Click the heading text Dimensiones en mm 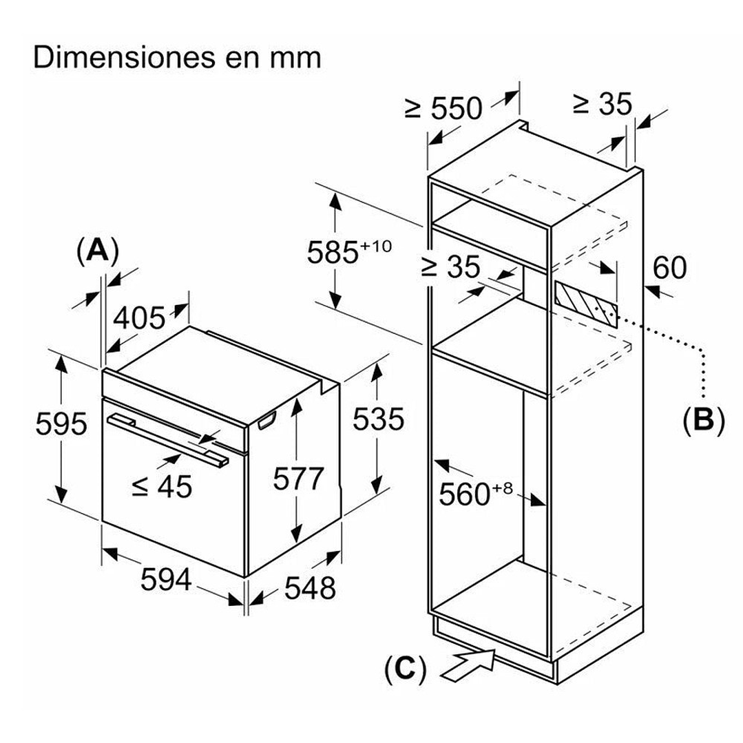(x=177, y=58)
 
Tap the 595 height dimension (x=61, y=423)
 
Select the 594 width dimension (x=165, y=580)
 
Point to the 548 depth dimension (x=310, y=587)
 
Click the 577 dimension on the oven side (x=297, y=477)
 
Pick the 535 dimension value (x=378, y=419)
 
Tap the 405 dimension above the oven (x=139, y=317)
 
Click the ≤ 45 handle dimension (x=162, y=487)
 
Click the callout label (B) (x=703, y=420)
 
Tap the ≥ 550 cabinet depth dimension (x=444, y=108)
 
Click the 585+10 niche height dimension (x=348, y=252)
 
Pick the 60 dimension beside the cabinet (x=670, y=268)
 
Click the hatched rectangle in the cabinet (x=586, y=304)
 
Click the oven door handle (x=169, y=441)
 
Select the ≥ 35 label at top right (x=603, y=104)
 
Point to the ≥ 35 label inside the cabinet (x=450, y=267)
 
